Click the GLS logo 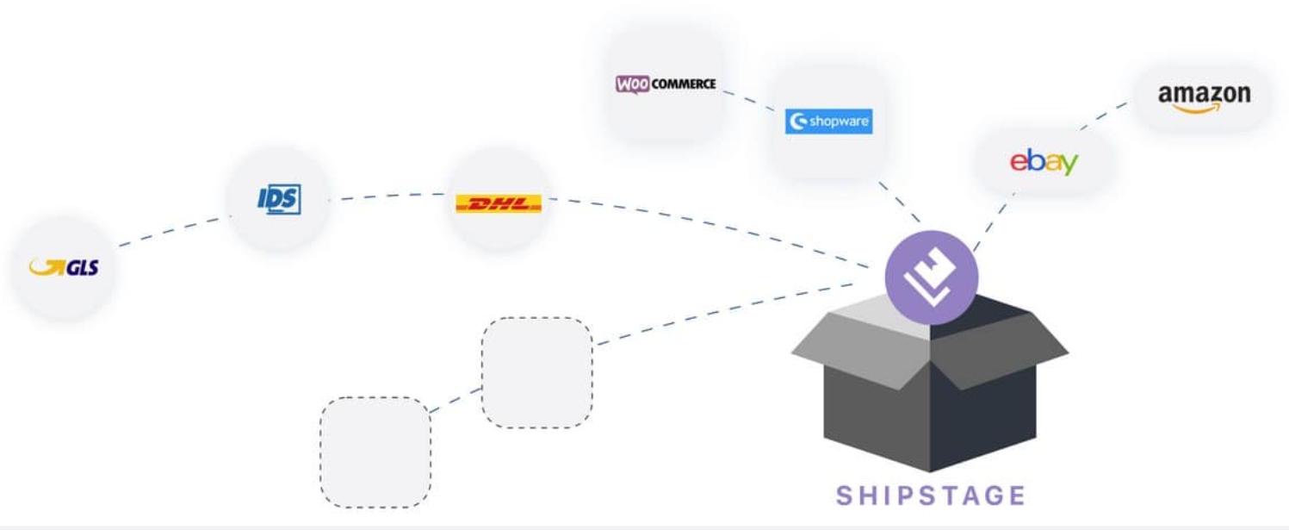(x=64, y=268)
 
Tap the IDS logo (x=279, y=199)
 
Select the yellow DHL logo (x=498, y=203)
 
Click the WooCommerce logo (x=665, y=84)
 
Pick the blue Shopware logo (x=828, y=122)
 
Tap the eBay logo (x=1044, y=161)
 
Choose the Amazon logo (x=1203, y=97)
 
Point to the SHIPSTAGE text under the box (x=931, y=496)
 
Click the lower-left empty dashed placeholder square (x=375, y=452)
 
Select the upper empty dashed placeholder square (x=536, y=372)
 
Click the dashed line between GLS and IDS (x=172, y=231)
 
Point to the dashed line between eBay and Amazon (x=1104, y=115)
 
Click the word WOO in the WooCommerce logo (x=633, y=84)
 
